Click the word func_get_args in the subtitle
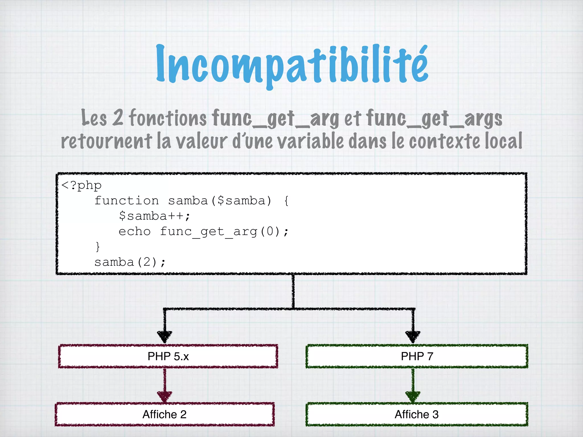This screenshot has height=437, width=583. pos(434,118)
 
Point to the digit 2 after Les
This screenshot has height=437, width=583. pos(118,118)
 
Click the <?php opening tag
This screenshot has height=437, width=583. pos(81,185)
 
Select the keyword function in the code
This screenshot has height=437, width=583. pos(127,201)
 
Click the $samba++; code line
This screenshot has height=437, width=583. pos(154,216)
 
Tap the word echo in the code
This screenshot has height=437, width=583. pos(135,232)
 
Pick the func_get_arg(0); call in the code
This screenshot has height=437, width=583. pos(224,232)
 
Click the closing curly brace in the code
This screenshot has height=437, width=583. pos(98,246)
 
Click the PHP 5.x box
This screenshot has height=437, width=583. pos(168,356)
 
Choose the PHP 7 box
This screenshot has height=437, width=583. pos(417,356)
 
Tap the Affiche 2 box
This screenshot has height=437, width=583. pos(165,414)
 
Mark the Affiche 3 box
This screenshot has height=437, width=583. pos(417,414)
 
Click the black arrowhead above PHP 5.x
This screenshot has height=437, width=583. pos(165,337)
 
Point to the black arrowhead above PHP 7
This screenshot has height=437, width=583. pos(413,337)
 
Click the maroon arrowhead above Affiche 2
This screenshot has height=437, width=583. pos(165,396)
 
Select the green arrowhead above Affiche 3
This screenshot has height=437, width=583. pos(413,396)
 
